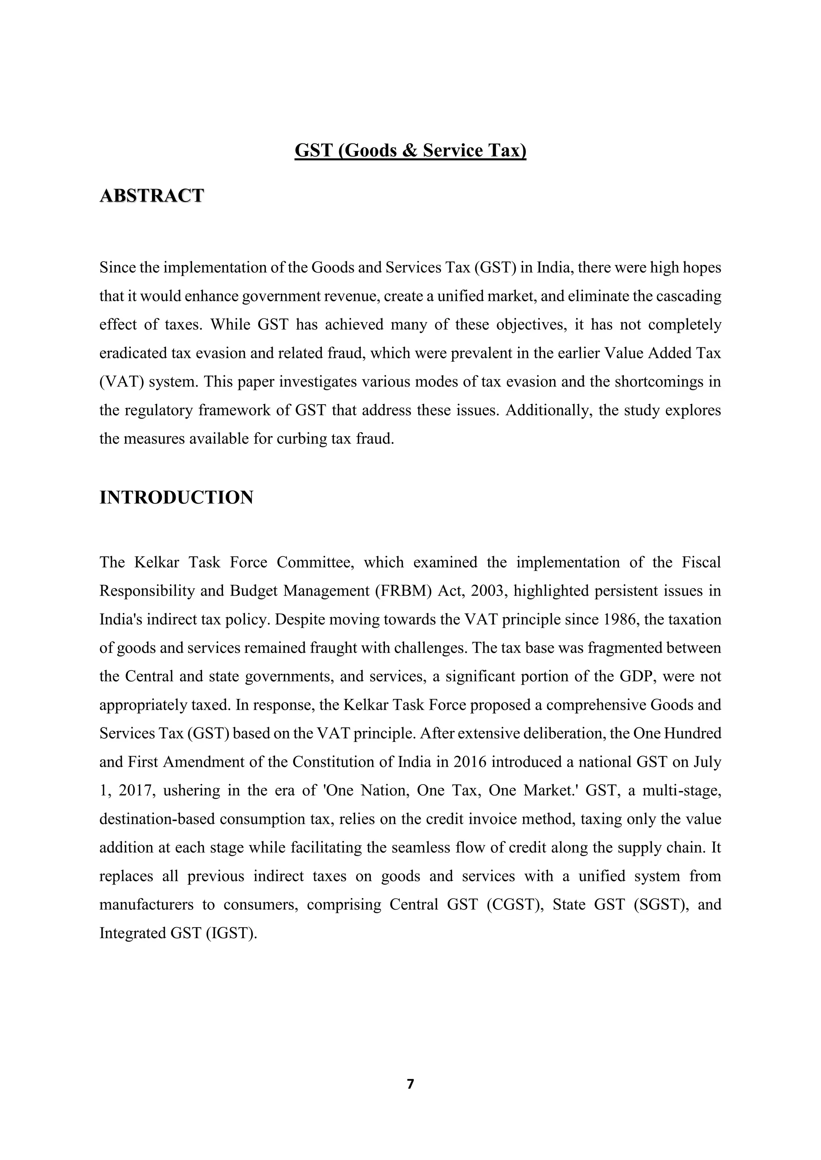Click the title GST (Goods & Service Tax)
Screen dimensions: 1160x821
coord(410,151)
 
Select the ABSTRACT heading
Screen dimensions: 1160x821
coord(152,195)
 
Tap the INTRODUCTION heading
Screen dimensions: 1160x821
coord(176,497)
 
